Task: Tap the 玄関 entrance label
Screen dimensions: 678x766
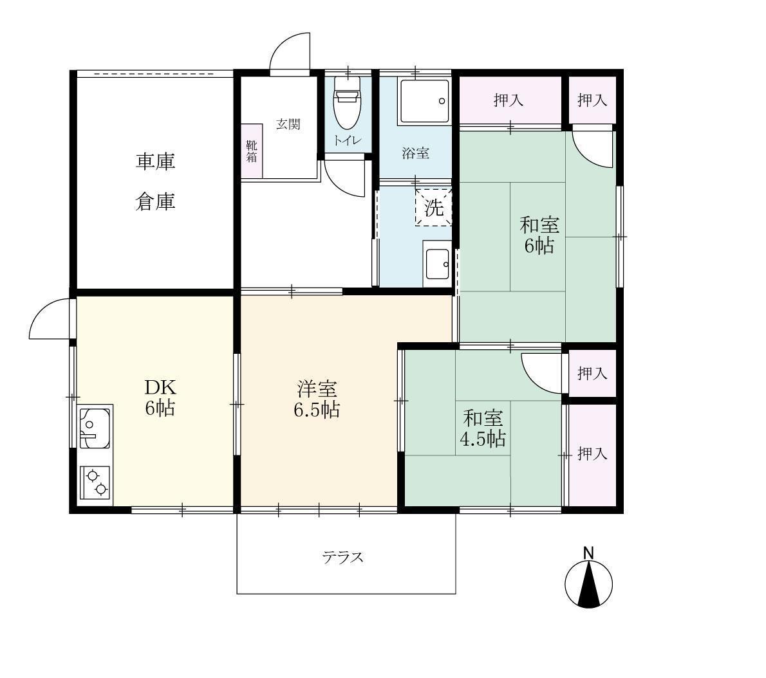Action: click(x=288, y=125)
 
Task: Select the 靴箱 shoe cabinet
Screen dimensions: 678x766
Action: click(x=251, y=152)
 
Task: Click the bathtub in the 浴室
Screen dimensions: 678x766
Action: click(x=424, y=102)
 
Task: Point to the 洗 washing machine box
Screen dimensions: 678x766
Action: click(x=434, y=207)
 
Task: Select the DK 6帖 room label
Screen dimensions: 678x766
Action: click(x=158, y=398)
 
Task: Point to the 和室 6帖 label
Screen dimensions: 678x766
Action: click(x=539, y=235)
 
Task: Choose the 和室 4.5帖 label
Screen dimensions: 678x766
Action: click(x=482, y=428)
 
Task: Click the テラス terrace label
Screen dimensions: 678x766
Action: click(x=343, y=557)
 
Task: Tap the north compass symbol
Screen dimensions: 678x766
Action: click(x=588, y=583)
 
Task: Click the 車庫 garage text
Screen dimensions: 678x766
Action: click(x=155, y=161)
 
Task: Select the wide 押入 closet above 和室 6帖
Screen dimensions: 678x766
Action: click(x=509, y=100)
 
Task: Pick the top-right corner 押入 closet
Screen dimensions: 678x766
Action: click(x=592, y=100)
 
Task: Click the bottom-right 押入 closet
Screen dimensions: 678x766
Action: click(x=592, y=454)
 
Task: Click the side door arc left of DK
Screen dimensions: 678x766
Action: click(x=50, y=318)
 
